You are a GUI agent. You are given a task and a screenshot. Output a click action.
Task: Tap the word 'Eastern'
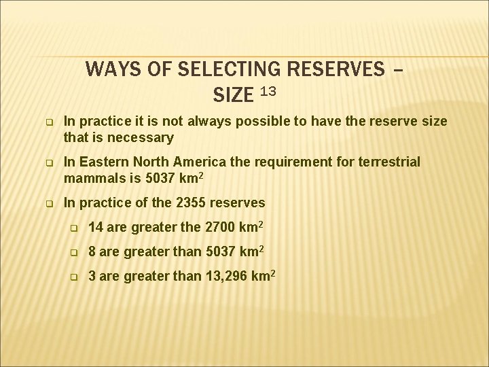click(x=101, y=162)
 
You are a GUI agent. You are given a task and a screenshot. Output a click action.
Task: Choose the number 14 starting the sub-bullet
click(x=96, y=227)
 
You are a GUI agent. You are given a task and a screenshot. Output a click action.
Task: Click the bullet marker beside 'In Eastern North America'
click(x=50, y=163)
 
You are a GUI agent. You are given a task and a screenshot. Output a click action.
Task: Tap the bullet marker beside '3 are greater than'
click(x=76, y=277)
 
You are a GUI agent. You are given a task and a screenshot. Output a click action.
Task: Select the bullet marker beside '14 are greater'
click(x=76, y=228)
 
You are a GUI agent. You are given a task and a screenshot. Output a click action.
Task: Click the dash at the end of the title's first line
click(x=397, y=70)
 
